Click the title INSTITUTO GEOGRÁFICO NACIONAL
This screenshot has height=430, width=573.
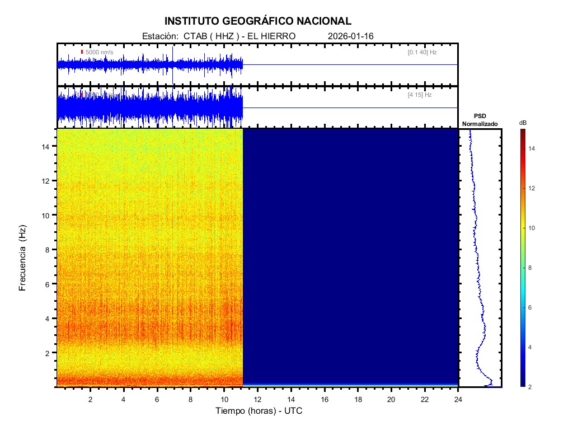258,21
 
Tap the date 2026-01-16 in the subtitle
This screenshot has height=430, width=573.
351,36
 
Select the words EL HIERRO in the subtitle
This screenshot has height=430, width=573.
271,36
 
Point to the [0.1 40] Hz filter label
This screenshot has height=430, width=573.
422,52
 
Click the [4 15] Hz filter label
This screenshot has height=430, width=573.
420,95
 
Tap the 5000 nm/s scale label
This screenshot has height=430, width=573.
99,52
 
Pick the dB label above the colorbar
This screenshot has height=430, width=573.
523,123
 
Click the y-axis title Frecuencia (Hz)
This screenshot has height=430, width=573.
23,258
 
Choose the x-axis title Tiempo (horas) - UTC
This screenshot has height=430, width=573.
259,411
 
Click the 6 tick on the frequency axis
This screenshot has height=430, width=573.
49,284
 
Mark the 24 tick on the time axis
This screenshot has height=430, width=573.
458,399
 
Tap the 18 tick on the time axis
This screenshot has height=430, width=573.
358,399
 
